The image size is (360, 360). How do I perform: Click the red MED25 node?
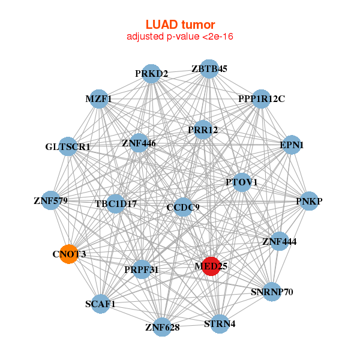point(211,266)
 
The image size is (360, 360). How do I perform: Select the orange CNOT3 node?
point(69,254)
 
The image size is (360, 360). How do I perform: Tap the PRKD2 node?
point(151,74)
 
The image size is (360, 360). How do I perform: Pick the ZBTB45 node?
point(209,69)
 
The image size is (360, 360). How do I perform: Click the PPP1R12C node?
point(261,98)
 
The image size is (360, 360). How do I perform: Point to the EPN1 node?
point(292,145)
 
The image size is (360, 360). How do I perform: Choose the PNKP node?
point(309,202)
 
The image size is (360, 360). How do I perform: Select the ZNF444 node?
point(279,242)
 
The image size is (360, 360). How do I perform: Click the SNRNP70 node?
point(272,292)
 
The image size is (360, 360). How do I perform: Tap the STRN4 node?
point(220,324)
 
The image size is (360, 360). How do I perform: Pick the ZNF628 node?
point(162,327)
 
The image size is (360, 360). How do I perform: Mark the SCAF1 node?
point(100,304)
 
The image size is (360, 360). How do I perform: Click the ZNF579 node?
point(50,200)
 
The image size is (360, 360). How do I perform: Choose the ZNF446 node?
point(139,143)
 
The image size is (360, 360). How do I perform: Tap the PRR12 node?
point(203,130)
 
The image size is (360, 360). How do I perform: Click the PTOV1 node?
point(242,182)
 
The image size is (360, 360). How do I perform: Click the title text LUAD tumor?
point(180,25)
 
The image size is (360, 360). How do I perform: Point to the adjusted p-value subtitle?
point(180,37)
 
